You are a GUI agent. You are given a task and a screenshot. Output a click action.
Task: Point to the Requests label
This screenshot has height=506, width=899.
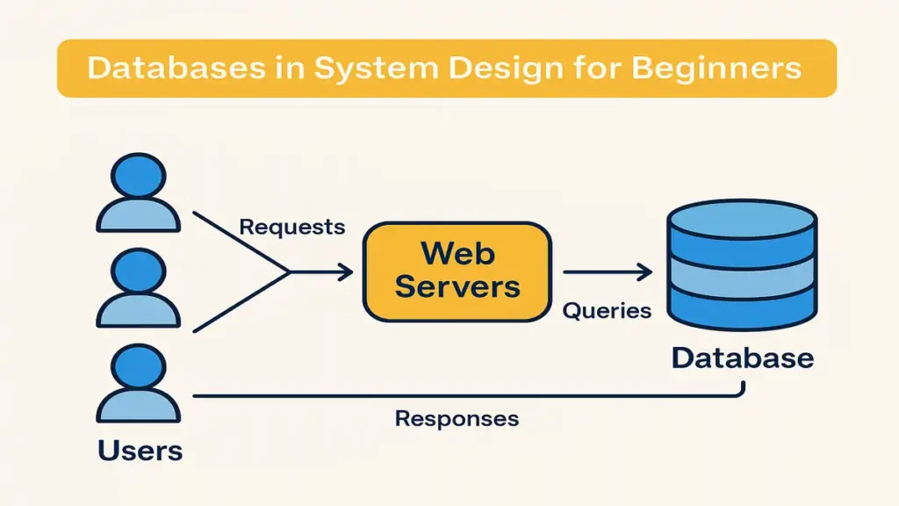[291, 227]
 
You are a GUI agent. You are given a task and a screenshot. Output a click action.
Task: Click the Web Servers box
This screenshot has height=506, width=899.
[457, 271]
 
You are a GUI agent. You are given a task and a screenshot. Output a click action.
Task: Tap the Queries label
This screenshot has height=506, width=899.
[607, 310]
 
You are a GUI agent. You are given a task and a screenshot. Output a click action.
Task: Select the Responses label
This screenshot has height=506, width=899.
[457, 418]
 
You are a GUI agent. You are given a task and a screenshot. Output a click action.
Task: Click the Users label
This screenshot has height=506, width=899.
[140, 451]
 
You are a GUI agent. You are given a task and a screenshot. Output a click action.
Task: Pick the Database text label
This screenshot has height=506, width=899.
[742, 358]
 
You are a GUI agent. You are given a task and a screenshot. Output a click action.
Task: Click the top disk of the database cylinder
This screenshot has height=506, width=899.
[742, 220]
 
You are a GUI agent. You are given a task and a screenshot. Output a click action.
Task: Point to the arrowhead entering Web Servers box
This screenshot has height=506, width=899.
[347, 273]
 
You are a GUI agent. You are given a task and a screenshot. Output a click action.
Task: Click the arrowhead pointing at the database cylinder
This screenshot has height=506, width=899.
[645, 273]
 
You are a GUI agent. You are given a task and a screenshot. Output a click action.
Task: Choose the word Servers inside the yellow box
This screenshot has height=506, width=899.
[457, 286]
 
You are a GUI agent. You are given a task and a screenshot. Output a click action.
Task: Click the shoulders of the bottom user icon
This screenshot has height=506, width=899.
[139, 407]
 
